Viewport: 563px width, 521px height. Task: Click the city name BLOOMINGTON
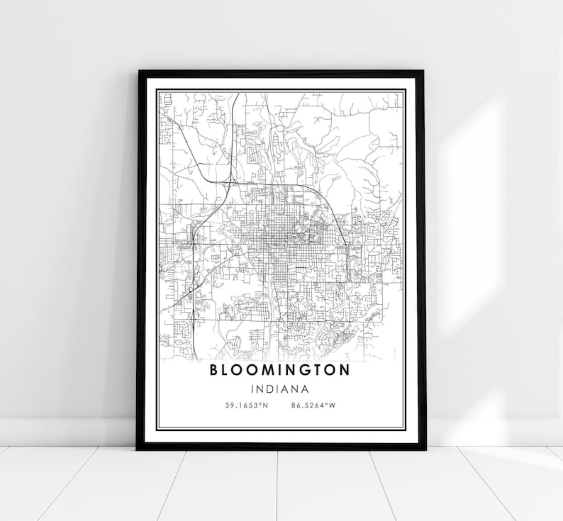click(x=279, y=370)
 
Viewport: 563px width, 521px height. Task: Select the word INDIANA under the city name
click(x=279, y=388)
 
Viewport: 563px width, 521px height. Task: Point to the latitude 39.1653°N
click(x=246, y=405)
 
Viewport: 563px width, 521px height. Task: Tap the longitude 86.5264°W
click(x=312, y=405)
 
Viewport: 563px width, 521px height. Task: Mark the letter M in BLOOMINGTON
click(x=264, y=370)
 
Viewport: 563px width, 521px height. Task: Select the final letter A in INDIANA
click(x=304, y=388)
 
